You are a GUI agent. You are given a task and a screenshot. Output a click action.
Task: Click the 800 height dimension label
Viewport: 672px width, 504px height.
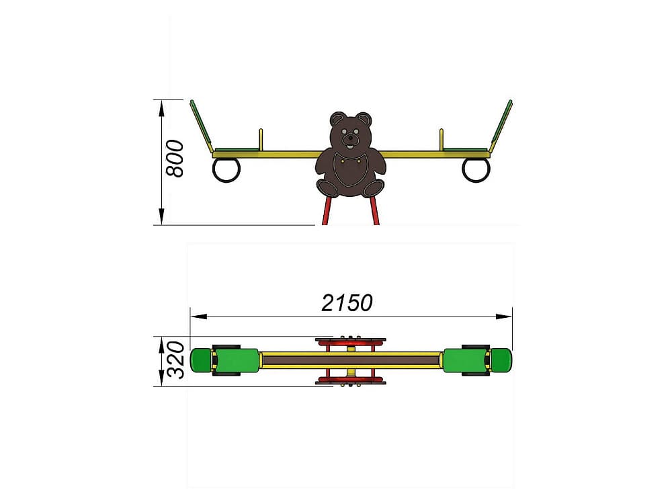tap(175, 158)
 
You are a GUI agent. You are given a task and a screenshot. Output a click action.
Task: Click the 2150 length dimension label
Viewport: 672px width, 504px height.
tap(347, 303)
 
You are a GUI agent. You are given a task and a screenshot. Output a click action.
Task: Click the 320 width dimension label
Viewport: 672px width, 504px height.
tap(175, 360)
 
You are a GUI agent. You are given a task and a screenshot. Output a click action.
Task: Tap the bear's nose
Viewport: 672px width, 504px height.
tap(351, 139)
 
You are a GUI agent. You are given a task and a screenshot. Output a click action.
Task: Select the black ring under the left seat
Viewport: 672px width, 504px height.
tap(226, 170)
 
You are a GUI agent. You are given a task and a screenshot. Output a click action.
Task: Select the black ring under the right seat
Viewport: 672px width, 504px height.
tap(476, 170)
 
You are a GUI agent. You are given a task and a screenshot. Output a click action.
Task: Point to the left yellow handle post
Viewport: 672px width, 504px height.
tap(261, 139)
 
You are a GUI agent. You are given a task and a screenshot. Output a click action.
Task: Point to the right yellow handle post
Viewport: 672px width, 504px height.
tap(442, 139)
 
